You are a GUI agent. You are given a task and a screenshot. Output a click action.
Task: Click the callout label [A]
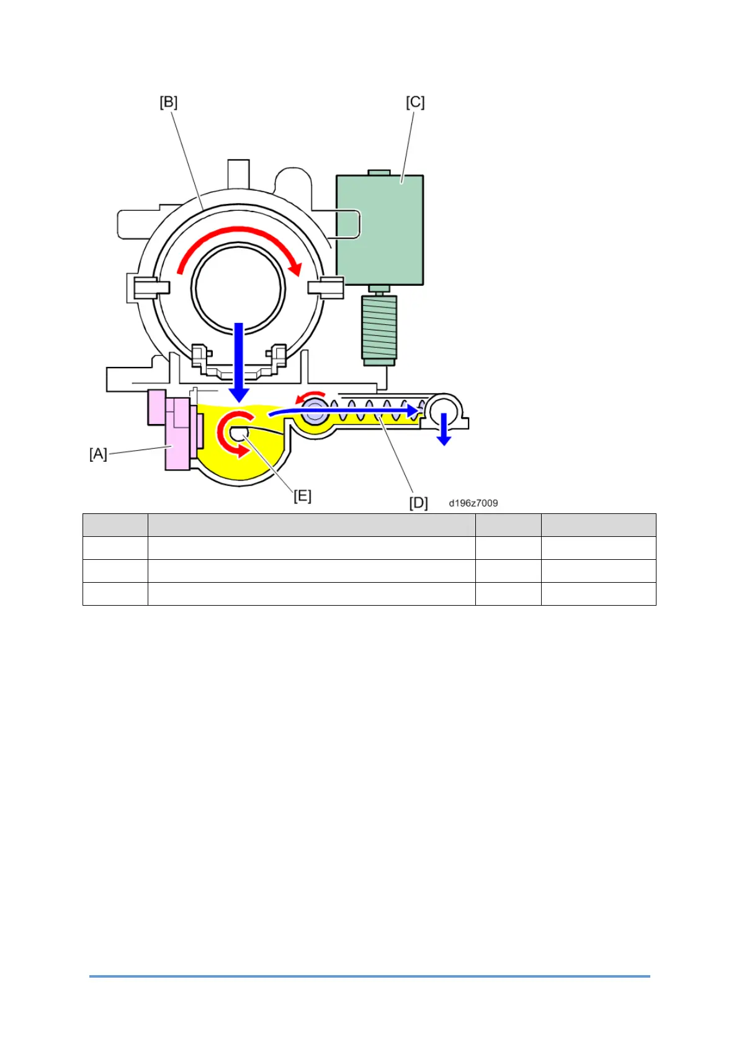pyautogui.click(x=98, y=454)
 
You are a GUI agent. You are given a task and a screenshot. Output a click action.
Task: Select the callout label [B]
pyautogui.click(x=168, y=102)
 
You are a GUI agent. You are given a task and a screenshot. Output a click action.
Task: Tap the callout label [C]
pyautogui.click(x=415, y=102)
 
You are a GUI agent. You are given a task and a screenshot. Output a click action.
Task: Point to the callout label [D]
pyautogui.click(x=418, y=503)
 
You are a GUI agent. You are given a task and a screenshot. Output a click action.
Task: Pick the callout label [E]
pyautogui.click(x=302, y=496)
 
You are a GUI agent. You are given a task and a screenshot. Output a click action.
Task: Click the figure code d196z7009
pyautogui.click(x=473, y=503)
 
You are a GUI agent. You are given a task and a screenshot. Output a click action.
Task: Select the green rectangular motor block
pyautogui.click(x=380, y=229)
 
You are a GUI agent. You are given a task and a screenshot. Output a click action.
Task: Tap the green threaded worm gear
pyautogui.click(x=379, y=327)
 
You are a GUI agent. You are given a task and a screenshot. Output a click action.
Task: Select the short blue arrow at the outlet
pyautogui.click(x=444, y=429)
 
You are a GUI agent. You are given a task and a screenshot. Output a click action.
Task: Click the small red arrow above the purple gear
pyautogui.click(x=310, y=396)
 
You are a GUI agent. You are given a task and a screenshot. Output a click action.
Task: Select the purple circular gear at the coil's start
pyautogui.click(x=315, y=412)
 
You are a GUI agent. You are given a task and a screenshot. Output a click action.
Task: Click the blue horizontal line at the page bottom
pyautogui.click(x=369, y=976)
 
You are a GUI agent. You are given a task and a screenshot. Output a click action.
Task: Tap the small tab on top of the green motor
pyautogui.click(x=378, y=172)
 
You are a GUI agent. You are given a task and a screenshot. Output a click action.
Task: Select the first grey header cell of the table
pyautogui.click(x=115, y=524)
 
